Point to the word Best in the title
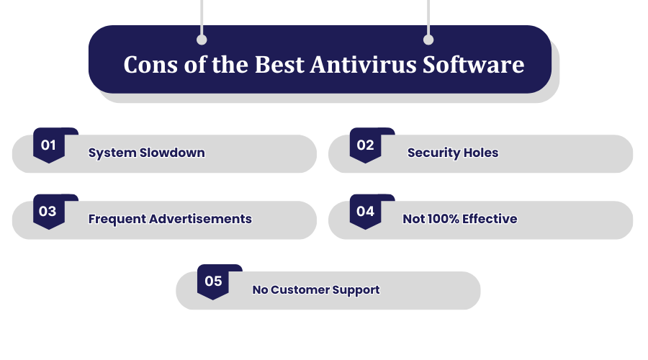click(279, 65)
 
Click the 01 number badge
click(49, 145)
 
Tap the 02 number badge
click(365, 145)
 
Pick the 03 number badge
click(49, 212)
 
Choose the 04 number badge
click(365, 212)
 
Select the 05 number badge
click(213, 282)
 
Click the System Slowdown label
click(146, 153)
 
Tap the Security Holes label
click(453, 153)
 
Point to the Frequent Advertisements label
click(170, 219)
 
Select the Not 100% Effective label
click(459, 219)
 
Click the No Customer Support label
click(315, 290)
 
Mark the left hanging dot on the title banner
click(202, 40)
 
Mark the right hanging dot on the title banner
click(428, 40)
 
